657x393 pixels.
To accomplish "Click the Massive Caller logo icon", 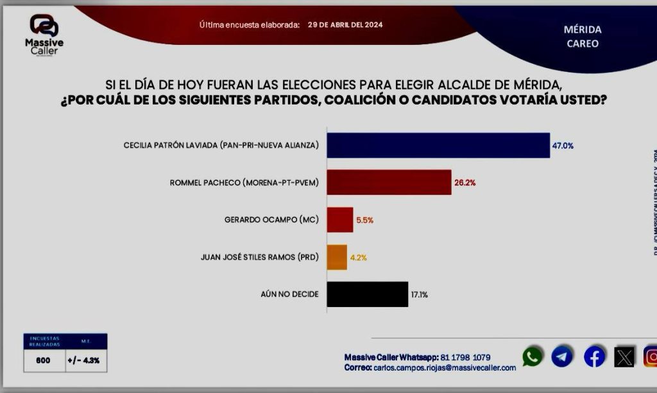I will coord(44,25).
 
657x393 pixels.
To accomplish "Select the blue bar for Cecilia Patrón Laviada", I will coord(438,146).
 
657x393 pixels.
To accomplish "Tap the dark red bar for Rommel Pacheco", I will coord(389,182).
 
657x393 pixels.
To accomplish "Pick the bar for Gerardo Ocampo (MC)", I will coord(340,219).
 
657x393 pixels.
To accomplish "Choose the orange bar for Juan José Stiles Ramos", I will coord(337,257).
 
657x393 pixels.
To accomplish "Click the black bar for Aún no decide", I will coord(368,294).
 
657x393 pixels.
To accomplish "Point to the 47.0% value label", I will coord(563,146).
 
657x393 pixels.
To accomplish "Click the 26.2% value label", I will coord(465,183).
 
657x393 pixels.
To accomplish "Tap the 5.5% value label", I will coord(364,220).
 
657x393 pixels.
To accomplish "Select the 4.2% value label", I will coord(358,258).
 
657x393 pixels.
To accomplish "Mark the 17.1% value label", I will coord(419,295).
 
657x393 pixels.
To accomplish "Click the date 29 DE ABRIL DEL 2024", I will coord(346,25).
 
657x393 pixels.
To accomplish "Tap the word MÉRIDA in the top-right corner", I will coord(583,29).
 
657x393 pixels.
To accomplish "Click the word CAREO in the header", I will coord(583,44).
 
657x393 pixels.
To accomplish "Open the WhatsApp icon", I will coord(532,356).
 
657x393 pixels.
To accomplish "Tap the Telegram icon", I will coord(562,356).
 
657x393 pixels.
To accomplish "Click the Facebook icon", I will coord(594,356).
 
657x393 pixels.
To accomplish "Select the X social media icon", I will coord(624,356).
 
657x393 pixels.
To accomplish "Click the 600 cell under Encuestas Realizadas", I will coord(43,360).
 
